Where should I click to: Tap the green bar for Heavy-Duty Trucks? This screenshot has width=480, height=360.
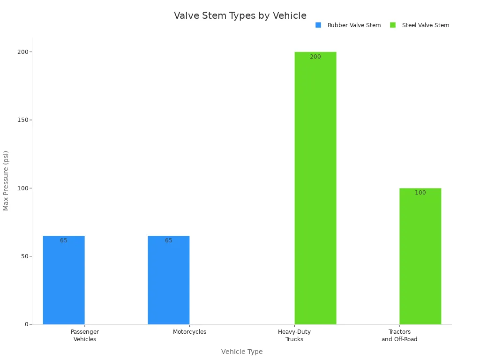315,187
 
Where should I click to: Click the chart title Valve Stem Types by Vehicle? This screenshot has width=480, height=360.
240,15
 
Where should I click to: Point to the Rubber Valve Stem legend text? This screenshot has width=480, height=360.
354,25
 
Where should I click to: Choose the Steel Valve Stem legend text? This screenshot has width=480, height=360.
425,25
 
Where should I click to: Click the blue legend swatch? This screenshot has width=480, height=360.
318,25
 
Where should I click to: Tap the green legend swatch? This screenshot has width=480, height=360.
393,25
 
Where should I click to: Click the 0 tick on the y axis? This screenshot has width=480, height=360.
27,324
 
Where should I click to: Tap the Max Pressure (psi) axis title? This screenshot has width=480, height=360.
6,180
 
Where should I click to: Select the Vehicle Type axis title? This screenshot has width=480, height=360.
242,352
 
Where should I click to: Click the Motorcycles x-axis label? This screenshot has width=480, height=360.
189,332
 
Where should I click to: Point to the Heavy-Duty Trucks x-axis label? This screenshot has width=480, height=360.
294,336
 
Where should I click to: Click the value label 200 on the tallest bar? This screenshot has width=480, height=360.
315,57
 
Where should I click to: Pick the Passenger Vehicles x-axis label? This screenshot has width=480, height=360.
85,336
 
